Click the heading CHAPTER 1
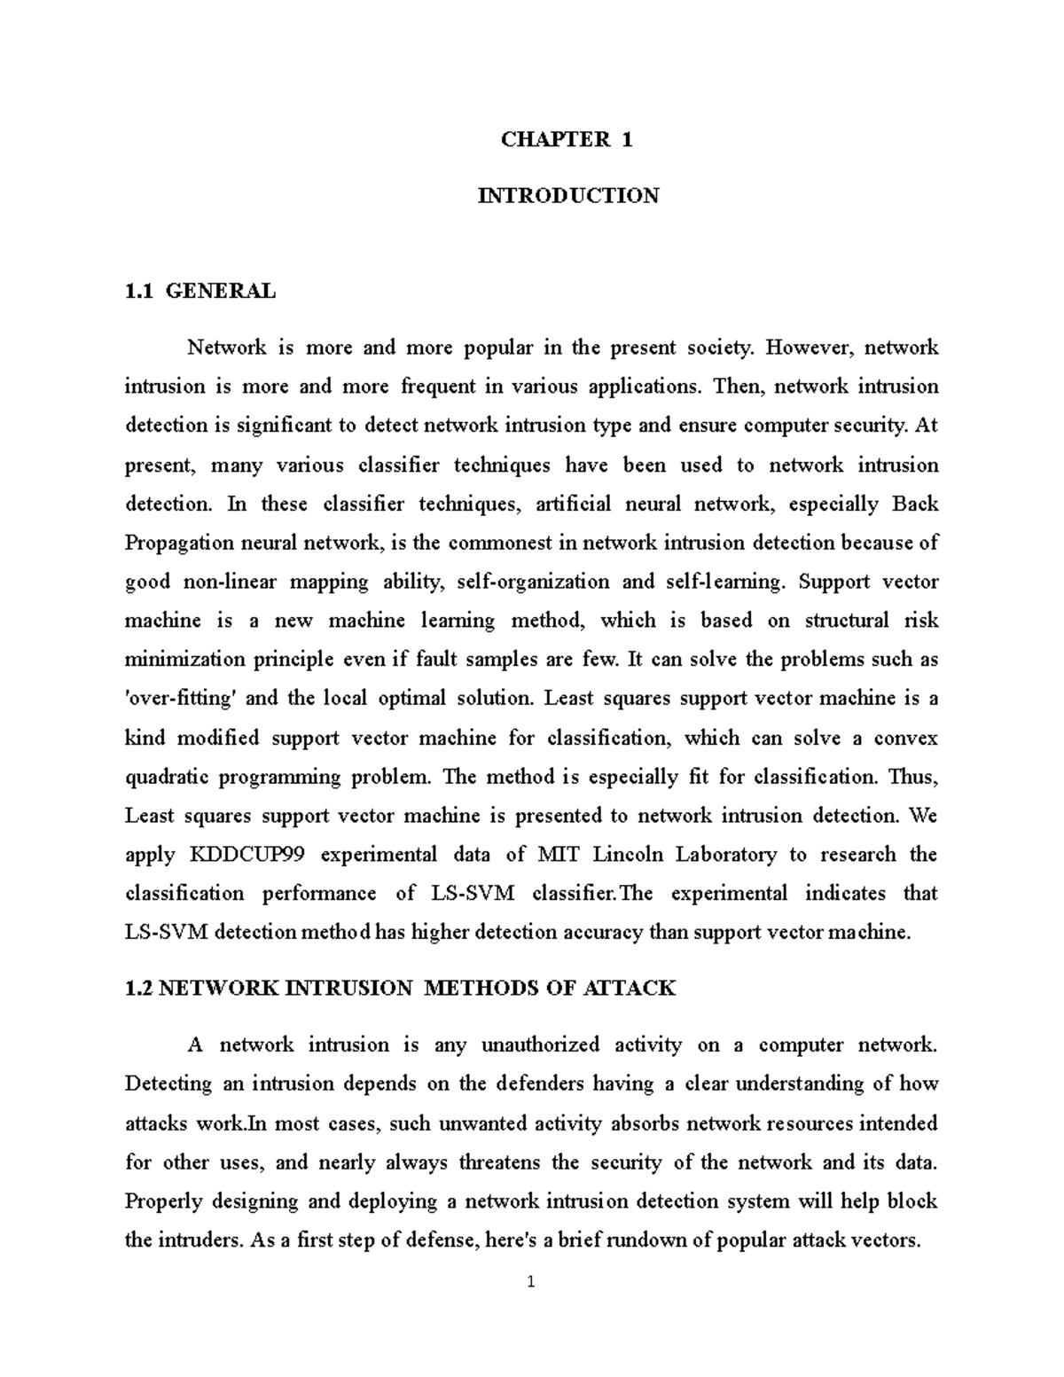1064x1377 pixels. click(x=567, y=139)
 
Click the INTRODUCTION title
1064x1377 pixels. click(x=567, y=196)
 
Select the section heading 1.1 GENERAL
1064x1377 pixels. click(x=200, y=291)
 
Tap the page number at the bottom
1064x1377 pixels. click(x=530, y=1282)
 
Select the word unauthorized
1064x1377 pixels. click(x=540, y=1045)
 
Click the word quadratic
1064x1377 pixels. click(x=167, y=778)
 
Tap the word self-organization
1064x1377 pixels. click(x=531, y=583)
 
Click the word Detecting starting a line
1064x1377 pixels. click(x=168, y=1084)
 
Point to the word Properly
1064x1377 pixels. click(x=161, y=1202)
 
